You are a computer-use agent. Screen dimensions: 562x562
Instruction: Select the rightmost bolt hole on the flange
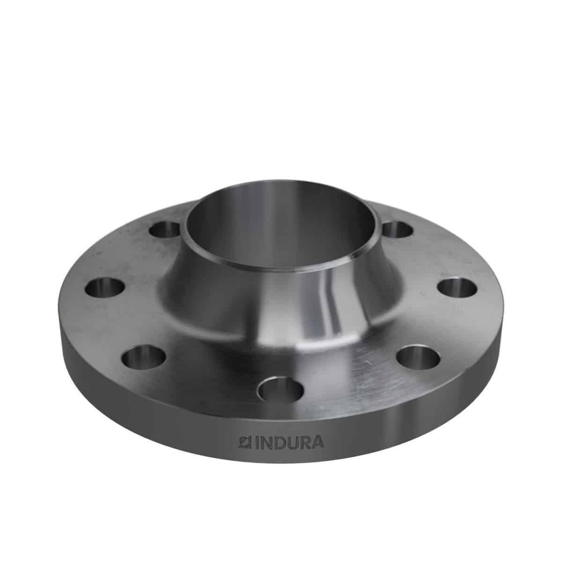point(457,287)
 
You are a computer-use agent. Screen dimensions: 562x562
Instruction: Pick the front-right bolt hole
point(419,357)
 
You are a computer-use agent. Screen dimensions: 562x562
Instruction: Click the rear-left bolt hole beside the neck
point(164,229)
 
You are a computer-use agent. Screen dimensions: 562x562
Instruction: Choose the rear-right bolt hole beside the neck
point(397,229)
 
